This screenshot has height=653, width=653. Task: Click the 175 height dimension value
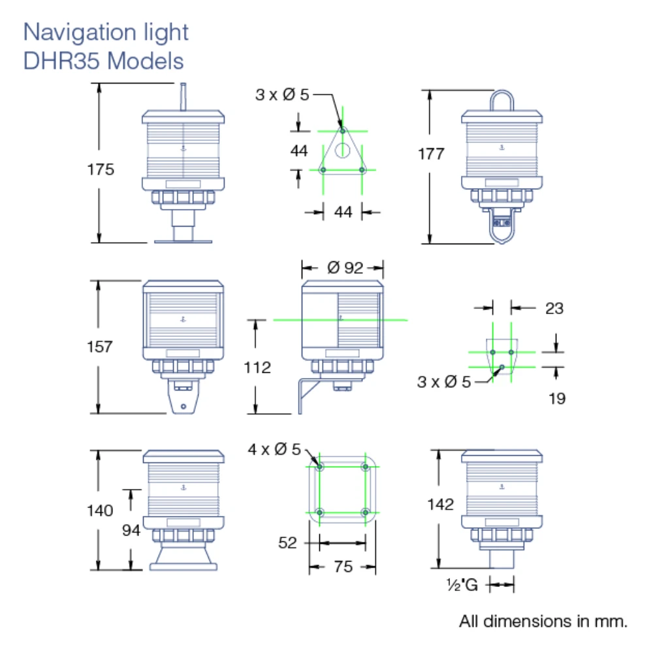pyautogui.click(x=101, y=170)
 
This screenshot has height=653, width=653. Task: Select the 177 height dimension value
pyautogui.click(x=431, y=153)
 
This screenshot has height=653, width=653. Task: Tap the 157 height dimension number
pyautogui.click(x=99, y=347)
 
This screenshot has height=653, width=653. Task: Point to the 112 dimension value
pyautogui.click(x=257, y=367)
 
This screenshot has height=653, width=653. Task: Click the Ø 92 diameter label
pyautogui.click(x=345, y=267)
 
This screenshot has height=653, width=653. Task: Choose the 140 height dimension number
pyautogui.click(x=99, y=510)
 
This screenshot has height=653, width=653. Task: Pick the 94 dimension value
pyautogui.click(x=131, y=530)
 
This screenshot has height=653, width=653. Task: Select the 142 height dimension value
pyautogui.click(x=440, y=504)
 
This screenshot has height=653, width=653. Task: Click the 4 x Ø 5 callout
pyautogui.click(x=274, y=449)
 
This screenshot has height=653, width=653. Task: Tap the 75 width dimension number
pyautogui.click(x=343, y=566)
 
